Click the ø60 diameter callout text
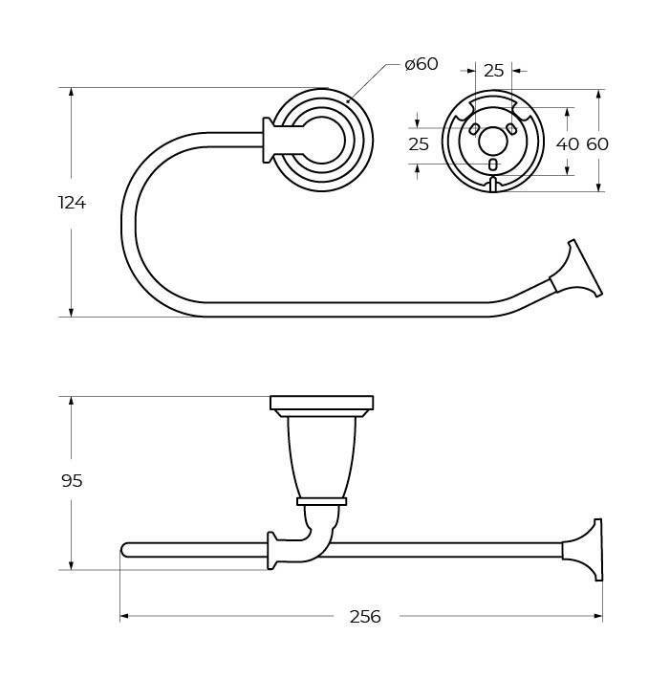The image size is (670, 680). coord(421,64)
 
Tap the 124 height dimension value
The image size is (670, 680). coord(73,203)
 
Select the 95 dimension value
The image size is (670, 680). coord(72,481)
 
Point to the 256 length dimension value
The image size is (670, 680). coord(365,616)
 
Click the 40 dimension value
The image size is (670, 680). coord(568,144)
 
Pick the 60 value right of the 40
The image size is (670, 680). coord(597,144)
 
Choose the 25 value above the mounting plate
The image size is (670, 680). coord(493,70)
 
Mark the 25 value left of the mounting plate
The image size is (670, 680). coord(419,144)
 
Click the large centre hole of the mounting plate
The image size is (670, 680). coord(493,142)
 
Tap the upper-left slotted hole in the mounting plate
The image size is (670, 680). coord(475,129)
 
